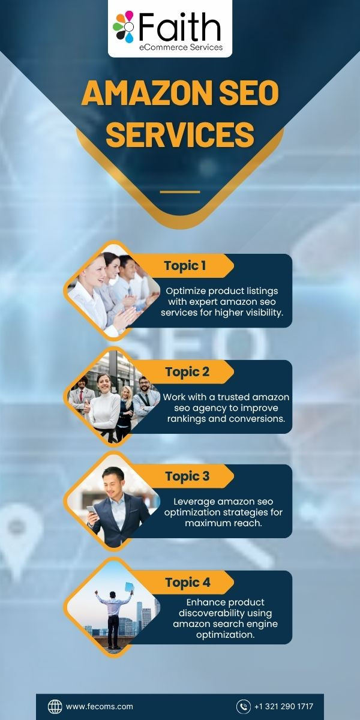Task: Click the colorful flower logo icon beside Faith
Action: [123, 26]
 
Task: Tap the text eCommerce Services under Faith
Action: [181, 47]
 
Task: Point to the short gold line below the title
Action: [180, 192]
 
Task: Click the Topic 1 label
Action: [185, 266]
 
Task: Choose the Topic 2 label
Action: [187, 372]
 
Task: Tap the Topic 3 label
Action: [187, 476]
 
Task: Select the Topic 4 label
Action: [188, 583]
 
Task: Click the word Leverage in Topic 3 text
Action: [194, 502]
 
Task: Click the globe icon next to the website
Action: [55, 707]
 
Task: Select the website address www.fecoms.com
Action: [100, 707]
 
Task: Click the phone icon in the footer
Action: [244, 707]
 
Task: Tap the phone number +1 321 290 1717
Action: [283, 707]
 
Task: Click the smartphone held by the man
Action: [92, 510]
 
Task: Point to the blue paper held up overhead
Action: [129, 587]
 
